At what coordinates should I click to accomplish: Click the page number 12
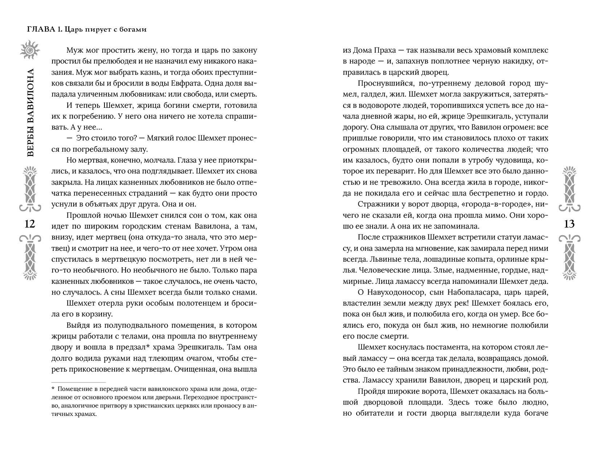point(29,224)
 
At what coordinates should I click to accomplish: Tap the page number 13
point(570,224)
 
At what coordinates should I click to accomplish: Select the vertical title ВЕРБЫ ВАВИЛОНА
point(30,112)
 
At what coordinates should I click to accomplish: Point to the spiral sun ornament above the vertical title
point(30,50)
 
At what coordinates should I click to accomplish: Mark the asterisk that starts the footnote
point(53,389)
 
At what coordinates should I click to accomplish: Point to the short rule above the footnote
point(78,382)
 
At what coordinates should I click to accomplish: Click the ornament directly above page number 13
point(570,189)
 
